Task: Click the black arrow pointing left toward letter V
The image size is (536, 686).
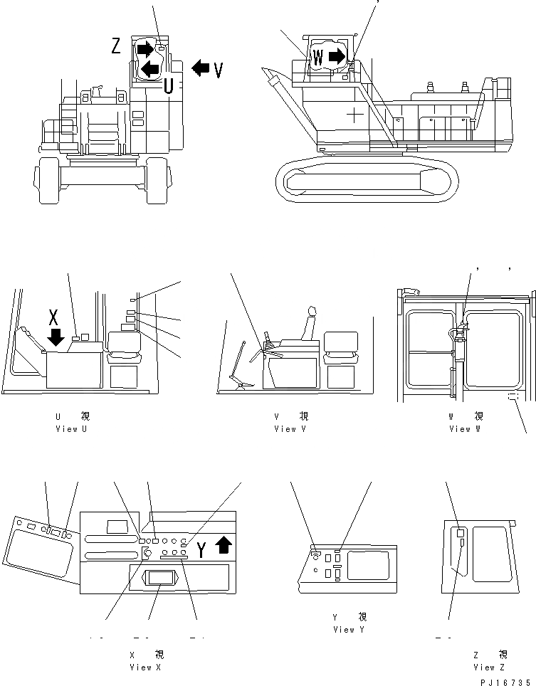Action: point(201,68)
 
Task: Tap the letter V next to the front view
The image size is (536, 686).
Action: point(219,70)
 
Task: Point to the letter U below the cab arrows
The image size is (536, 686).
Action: point(168,87)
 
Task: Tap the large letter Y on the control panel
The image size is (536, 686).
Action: point(202,549)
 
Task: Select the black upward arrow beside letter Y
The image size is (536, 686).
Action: point(223,545)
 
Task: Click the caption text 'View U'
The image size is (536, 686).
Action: point(72,429)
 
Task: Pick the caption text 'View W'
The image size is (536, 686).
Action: point(466,429)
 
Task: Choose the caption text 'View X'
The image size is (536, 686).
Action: point(146,667)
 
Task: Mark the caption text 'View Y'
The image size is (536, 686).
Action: point(348,630)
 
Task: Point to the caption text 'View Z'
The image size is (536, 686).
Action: point(489,667)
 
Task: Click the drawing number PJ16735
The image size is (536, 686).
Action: point(505,681)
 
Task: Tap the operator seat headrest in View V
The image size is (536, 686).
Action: point(310,311)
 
